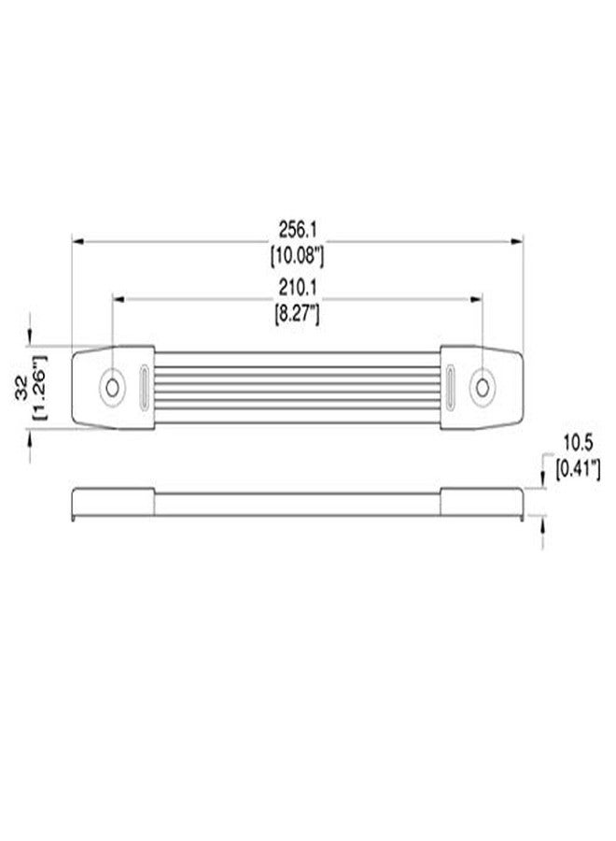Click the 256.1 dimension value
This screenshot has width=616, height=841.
point(298,230)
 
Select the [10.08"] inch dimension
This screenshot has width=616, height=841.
point(298,256)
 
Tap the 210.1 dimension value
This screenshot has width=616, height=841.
point(298,288)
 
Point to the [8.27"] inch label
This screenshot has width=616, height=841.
point(298,314)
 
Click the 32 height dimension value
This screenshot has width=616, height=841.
point(21,387)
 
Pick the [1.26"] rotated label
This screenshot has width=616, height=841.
point(40,387)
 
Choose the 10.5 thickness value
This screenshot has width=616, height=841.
point(578,444)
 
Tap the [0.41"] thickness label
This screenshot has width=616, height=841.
point(578,470)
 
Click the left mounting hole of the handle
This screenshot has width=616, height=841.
point(113,387)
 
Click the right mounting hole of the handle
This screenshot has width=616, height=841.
point(483,387)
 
